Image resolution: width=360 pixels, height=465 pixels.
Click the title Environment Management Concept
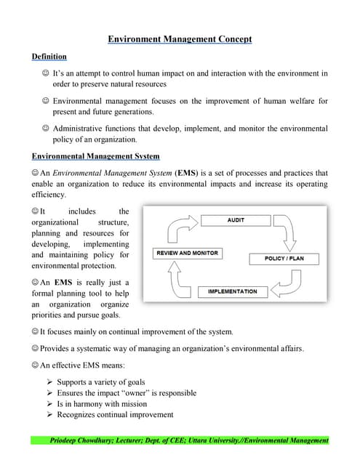[180, 41]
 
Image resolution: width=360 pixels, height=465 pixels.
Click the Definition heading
[49, 57]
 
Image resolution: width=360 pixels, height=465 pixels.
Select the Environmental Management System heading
[96, 156]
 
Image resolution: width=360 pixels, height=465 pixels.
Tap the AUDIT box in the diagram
[236, 219]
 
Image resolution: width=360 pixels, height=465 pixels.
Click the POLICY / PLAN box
[283, 258]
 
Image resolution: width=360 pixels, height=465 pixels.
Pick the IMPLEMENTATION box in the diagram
[232, 291]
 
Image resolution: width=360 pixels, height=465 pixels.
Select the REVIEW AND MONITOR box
[187, 253]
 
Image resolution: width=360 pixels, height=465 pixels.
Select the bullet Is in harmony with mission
[101, 404]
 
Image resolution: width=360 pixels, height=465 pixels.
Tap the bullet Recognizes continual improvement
[115, 415]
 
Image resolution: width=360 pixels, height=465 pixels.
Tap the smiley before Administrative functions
[46, 129]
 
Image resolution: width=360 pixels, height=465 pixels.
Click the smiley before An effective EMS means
[35, 365]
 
